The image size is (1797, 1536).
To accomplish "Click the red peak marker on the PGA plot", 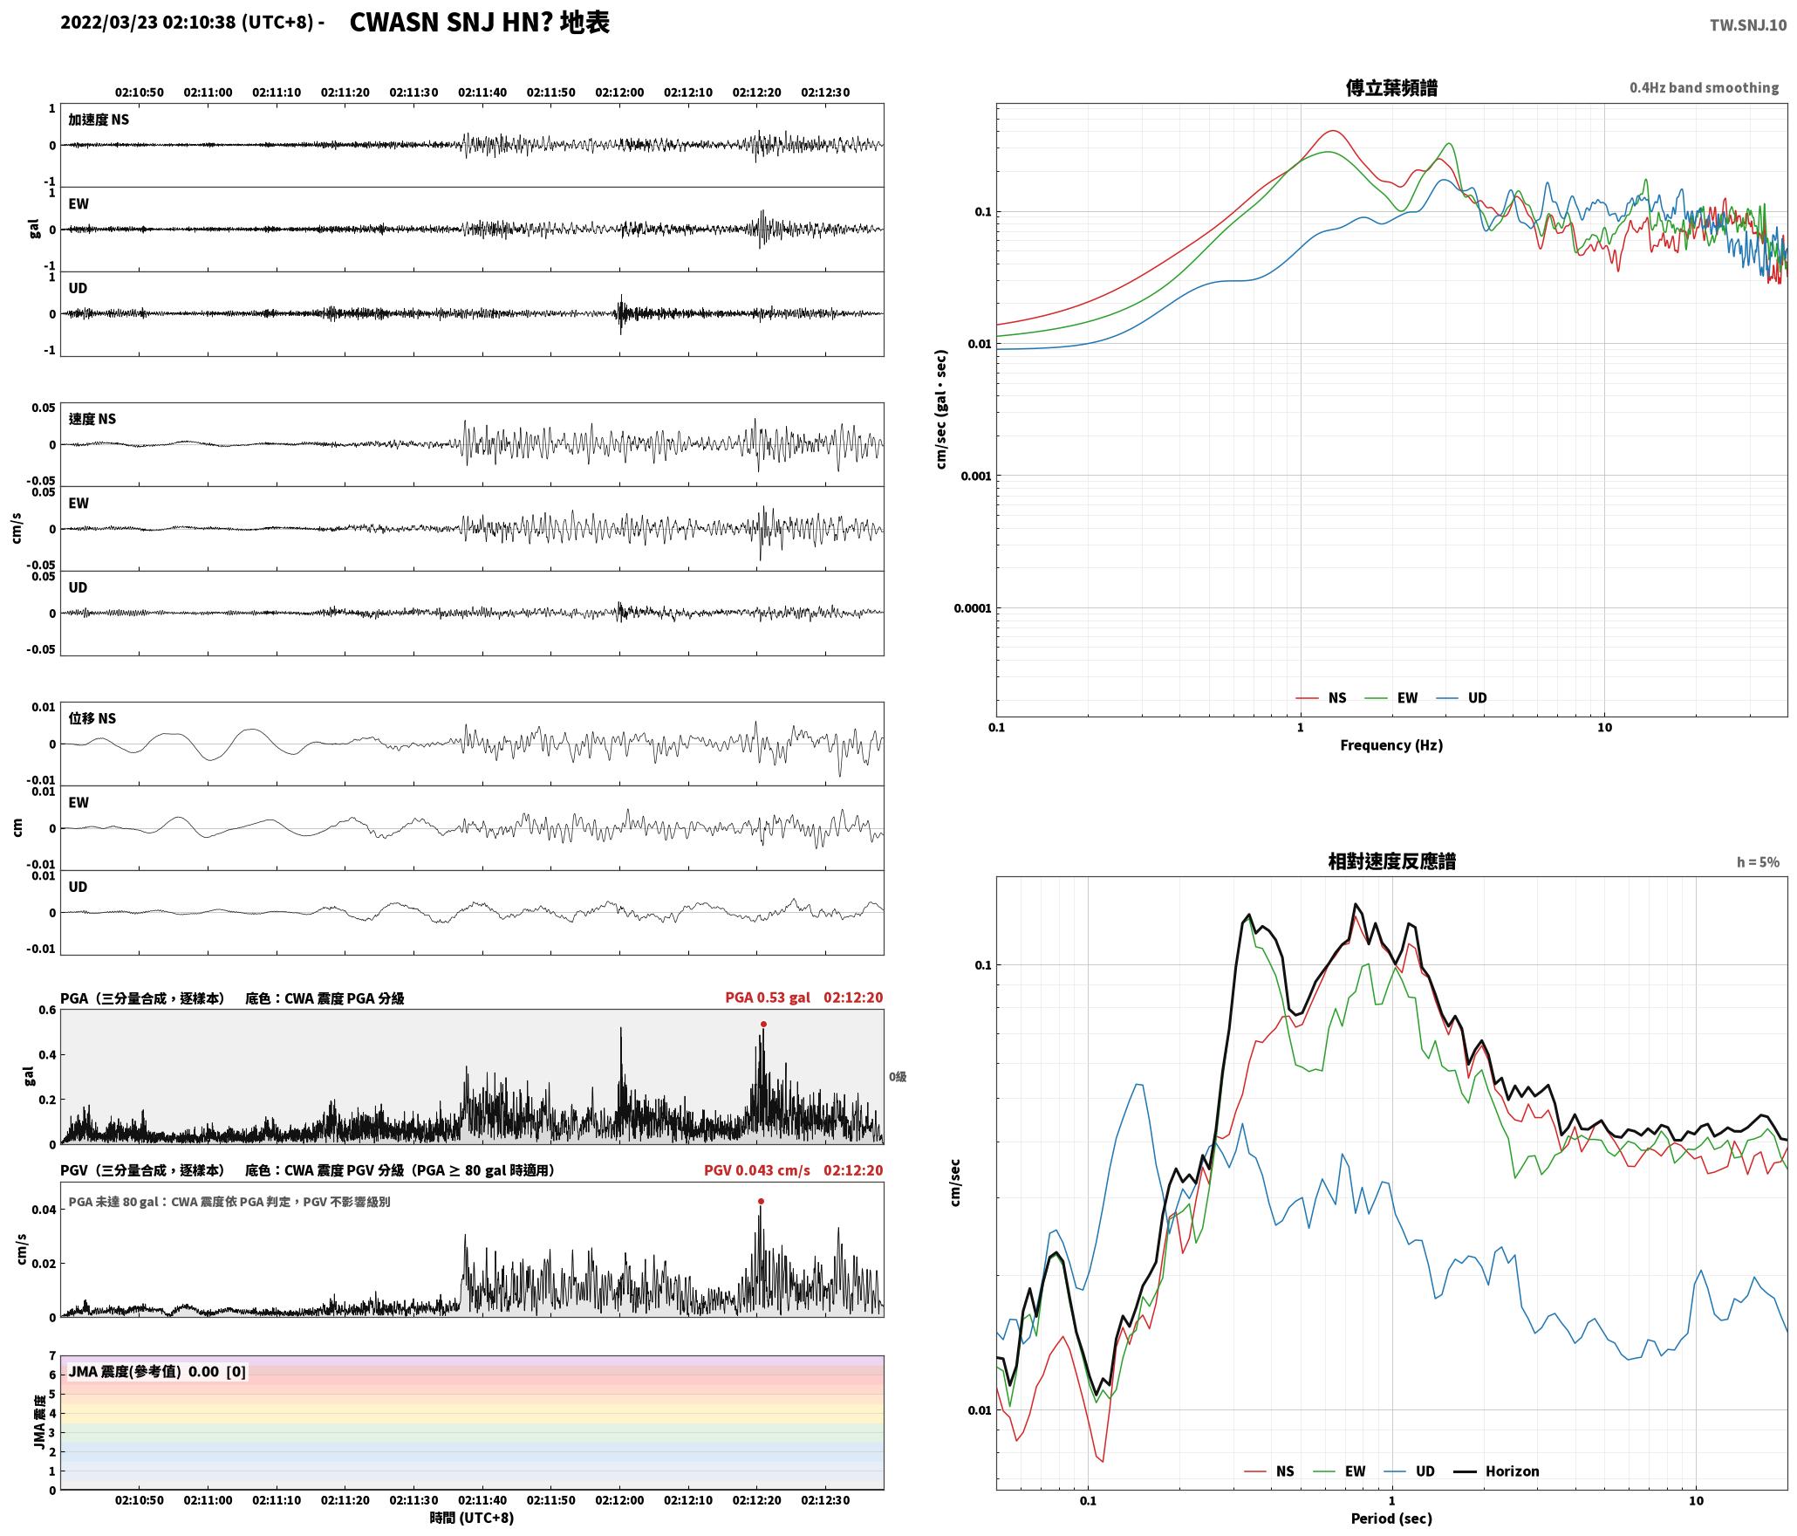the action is pos(763,1025).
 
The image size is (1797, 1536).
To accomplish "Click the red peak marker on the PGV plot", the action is pos(761,1202).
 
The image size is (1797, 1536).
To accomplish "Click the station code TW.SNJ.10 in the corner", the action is pos(1747,25).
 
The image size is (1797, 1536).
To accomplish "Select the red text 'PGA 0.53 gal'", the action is pos(768,998).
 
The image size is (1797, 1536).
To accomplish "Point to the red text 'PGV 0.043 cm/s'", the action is pos(756,1170).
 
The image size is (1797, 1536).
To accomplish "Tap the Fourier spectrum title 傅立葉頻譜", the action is pos(1391,88).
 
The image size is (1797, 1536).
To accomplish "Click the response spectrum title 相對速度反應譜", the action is pos(1391,861).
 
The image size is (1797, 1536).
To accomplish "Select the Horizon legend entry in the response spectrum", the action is pos(1497,1471).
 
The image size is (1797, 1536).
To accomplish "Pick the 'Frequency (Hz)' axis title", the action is pos(1391,745).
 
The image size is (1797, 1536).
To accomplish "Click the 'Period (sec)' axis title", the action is pos(1391,1519).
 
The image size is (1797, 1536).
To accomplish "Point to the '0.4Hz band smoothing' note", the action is pos(1704,88).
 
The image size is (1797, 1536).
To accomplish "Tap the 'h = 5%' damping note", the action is pos(1758,862).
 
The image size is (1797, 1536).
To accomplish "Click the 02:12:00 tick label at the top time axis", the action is pos(619,93).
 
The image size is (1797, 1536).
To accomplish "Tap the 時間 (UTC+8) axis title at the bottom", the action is pos(471,1518).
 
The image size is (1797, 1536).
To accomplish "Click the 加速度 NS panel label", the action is pos(99,120).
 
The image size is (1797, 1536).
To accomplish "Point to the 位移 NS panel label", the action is pos(92,719).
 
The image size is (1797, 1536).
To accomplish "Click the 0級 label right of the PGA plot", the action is pos(898,1077).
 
